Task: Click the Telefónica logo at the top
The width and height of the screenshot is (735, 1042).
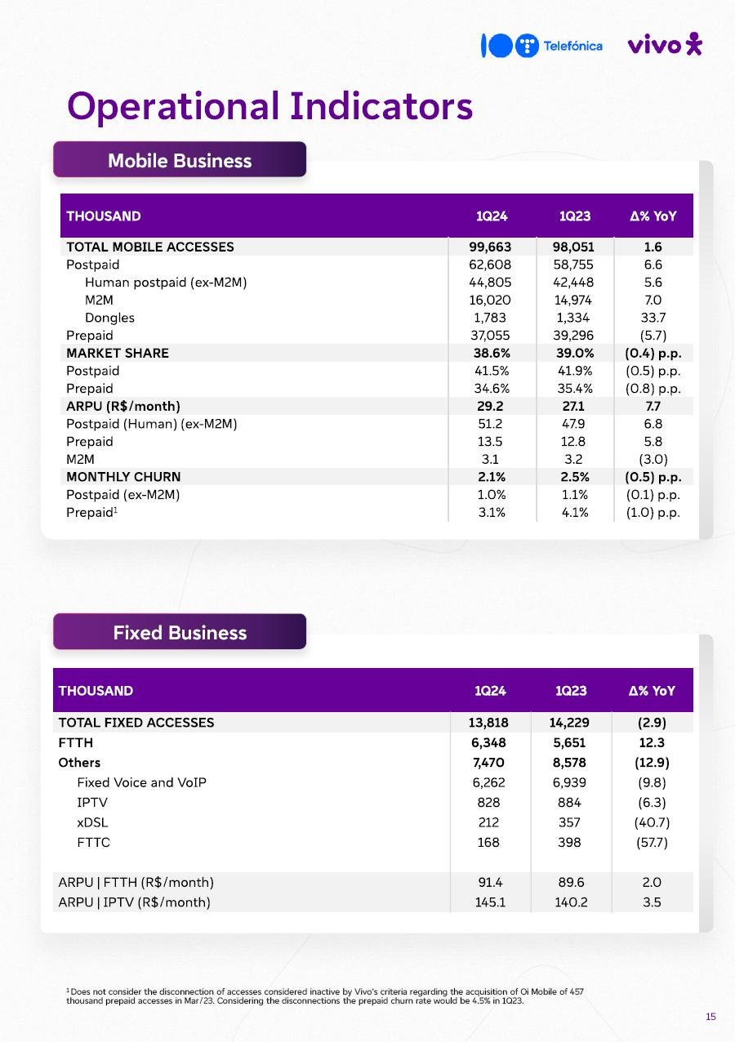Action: tap(542, 46)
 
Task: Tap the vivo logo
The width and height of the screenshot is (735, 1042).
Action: tap(664, 44)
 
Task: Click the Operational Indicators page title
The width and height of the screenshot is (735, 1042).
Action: tap(269, 106)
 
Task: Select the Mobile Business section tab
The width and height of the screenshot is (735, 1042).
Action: tap(180, 160)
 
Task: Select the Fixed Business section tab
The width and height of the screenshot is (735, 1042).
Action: tap(180, 632)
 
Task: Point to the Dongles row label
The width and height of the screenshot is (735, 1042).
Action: tap(109, 318)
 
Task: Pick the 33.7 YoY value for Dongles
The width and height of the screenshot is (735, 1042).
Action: tap(653, 318)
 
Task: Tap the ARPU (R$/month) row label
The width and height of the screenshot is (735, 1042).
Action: tap(123, 406)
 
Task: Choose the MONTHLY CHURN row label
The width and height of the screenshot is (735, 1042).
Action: tap(123, 476)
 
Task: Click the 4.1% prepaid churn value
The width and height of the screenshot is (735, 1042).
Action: tap(575, 512)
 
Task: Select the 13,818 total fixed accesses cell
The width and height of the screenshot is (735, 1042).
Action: tap(488, 722)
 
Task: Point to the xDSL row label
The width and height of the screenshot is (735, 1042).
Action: tap(92, 822)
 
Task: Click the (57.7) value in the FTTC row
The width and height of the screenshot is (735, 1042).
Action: tap(652, 842)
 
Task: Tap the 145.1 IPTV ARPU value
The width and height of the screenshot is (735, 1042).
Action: tap(488, 902)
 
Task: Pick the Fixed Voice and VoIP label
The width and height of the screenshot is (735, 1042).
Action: tap(141, 782)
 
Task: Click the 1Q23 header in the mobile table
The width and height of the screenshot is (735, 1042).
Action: tap(575, 216)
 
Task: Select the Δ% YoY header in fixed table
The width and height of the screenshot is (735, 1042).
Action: tap(652, 691)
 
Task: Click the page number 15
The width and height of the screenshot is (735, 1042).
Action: tap(710, 1016)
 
